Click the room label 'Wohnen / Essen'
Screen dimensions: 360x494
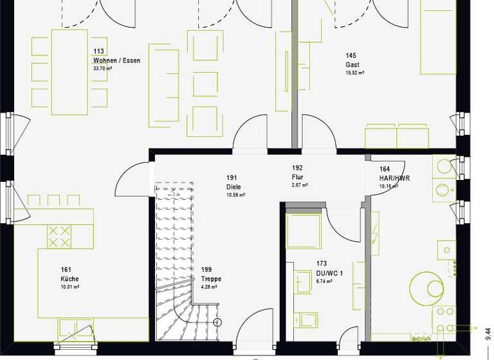(x=116, y=60)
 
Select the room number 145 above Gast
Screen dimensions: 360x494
(x=351, y=56)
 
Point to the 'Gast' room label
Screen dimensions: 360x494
(x=352, y=65)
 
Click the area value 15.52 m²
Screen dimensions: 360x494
(x=355, y=73)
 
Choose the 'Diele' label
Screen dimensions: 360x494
(x=233, y=186)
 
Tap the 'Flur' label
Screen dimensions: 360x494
(x=297, y=177)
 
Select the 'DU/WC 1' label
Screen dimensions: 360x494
(x=329, y=273)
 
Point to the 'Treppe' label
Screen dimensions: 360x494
(x=211, y=279)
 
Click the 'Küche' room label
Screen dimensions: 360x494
(x=70, y=279)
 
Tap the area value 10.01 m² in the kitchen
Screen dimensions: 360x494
(x=70, y=287)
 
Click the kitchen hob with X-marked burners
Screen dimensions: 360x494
(x=59, y=236)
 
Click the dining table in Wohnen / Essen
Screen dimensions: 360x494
(x=69, y=71)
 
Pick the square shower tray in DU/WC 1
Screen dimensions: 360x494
(x=303, y=231)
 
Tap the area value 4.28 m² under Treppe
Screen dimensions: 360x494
(x=209, y=287)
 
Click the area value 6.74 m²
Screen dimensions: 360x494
(x=325, y=282)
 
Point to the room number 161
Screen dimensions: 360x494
(x=66, y=270)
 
